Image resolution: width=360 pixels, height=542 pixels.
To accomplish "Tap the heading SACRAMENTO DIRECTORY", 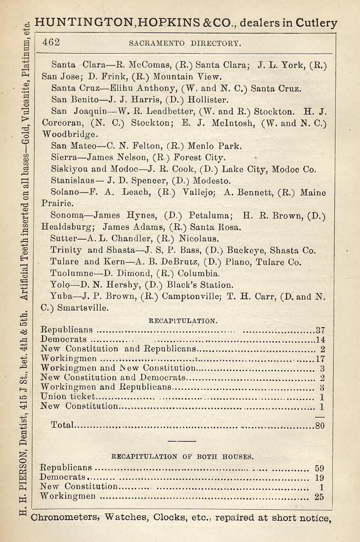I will pos(185,43).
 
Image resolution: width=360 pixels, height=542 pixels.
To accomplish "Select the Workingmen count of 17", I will pos(320,358).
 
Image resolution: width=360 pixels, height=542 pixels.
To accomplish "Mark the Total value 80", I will pos(320,426).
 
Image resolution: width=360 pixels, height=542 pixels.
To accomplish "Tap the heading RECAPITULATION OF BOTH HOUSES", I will pos(182,457).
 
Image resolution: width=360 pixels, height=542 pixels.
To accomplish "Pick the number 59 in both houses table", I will pos(319,469).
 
